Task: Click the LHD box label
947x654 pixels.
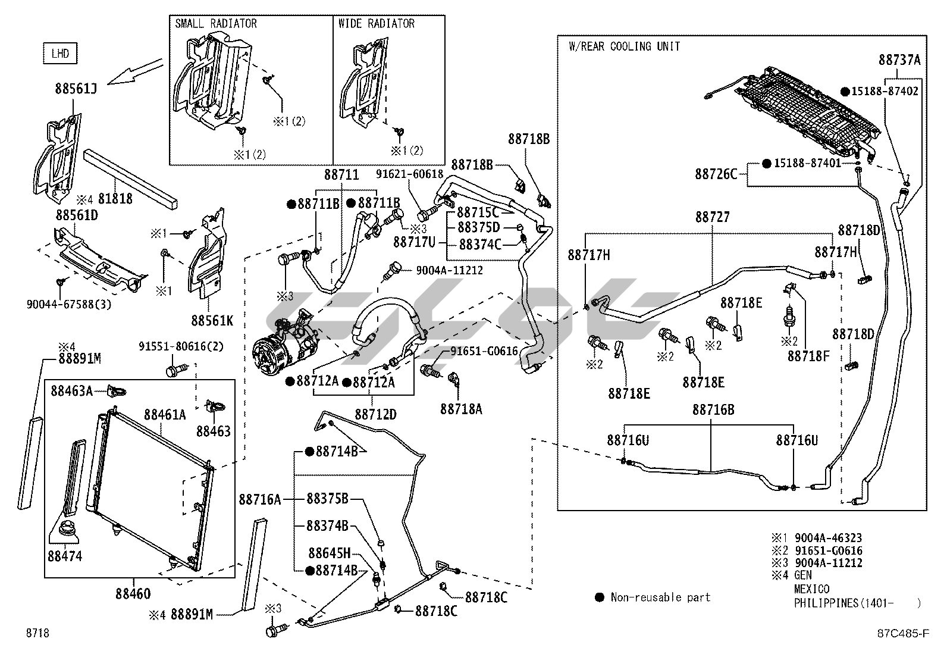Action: click(x=61, y=54)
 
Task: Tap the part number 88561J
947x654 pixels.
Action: click(x=76, y=89)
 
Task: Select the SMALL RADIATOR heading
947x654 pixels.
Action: click(x=216, y=24)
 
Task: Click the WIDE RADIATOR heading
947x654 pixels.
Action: click(x=376, y=24)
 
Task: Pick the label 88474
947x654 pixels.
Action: click(x=65, y=556)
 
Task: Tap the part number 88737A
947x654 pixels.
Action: click(x=899, y=60)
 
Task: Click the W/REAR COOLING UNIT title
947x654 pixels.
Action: click(x=624, y=46)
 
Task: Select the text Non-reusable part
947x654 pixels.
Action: click(x=660, y=597)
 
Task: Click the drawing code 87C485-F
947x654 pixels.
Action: click(x=905, y=633)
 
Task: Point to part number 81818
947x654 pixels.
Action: click(x=115, y=199)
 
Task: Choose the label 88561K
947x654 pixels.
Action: click(x=212, y=320)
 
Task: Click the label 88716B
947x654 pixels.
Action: click(x=713, y=410)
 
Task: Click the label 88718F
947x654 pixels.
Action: click(x=808, y=355)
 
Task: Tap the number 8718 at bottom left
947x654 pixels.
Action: click(x=37, y=633)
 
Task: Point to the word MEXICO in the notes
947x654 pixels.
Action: click(x=811, y=589)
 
